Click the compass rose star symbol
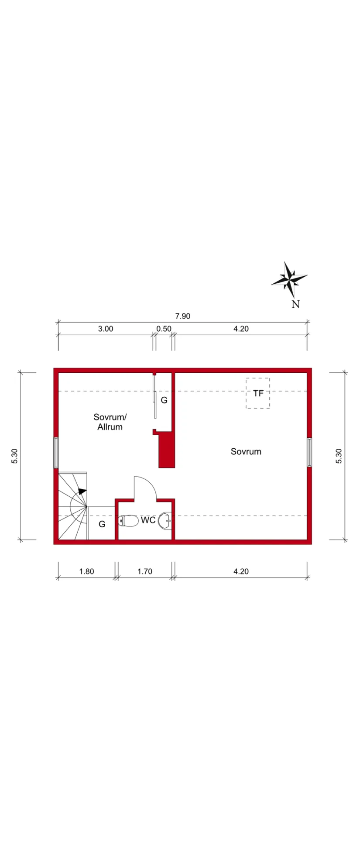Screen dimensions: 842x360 point(289,278)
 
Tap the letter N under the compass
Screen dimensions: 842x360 point(295,304)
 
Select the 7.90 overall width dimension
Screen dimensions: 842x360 point(182,316)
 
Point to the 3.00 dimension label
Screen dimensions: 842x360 point(105,329)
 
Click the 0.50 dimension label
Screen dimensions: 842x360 point(164,329)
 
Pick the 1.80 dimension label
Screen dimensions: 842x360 point(86,571)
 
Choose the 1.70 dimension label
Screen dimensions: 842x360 point(144,571)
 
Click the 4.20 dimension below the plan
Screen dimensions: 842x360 point(241,571)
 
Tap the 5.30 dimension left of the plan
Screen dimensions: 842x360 point(15,456)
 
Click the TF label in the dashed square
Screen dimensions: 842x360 point(258,393)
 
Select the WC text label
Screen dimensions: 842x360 point(148,520)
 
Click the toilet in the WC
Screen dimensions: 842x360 point(128,521)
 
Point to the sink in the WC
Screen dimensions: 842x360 point(165,520)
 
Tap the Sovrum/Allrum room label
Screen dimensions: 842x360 point(110,422)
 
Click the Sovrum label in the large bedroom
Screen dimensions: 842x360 point(246,451)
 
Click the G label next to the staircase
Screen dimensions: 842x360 point(102,524)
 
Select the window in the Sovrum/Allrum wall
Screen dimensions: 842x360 point(56,453)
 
